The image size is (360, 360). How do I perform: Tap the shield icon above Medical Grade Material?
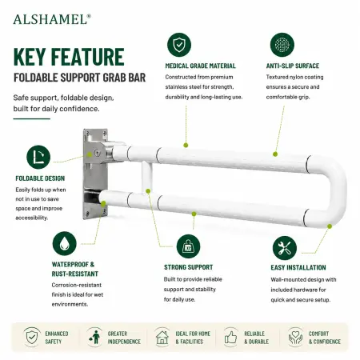[179, 45]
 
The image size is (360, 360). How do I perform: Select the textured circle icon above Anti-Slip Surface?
[282, 45]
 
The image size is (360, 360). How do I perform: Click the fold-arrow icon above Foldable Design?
[38, 157]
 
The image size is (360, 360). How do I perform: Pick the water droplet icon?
[65, 243]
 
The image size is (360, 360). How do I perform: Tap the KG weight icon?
[188, 246]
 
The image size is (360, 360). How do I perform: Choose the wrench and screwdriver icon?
[285, 248]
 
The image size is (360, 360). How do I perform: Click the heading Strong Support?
[188, 267]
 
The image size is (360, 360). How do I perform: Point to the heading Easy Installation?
[298, 267]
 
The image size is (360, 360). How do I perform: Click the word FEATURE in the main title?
[87, 57]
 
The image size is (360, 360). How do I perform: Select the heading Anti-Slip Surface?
[293, 66]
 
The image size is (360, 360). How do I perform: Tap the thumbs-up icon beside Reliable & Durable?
[230, 338]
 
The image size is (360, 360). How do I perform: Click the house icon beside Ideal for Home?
[162, 338]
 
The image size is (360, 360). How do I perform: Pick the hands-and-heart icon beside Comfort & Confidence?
[295, 338]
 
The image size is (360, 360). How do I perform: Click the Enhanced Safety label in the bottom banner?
[57, 338]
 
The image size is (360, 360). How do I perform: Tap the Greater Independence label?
[124, 338]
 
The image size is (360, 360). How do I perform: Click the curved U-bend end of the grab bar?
[338, 190]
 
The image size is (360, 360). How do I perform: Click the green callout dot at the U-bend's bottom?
[330, 226]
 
